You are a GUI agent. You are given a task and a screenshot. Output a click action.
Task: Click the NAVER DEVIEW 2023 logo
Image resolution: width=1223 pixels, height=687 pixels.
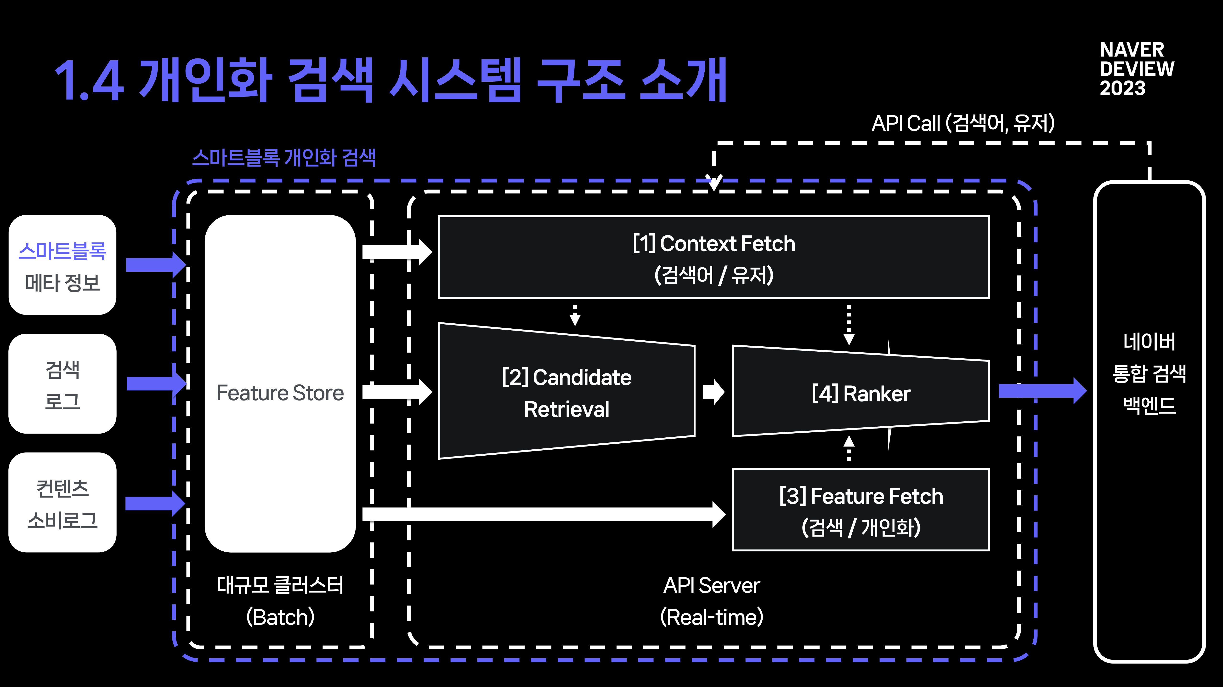pyautogui.click(x=1137, y=69)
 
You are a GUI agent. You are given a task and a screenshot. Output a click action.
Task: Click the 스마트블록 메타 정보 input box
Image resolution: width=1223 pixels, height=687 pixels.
pyautogui.click(x=62, y=265)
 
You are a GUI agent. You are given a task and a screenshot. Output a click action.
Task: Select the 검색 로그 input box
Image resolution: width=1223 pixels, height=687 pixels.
pyautogui.click(x=62, y=384)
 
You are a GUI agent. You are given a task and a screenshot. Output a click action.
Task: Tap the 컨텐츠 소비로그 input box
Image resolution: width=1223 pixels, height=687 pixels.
pyautogui.click(x=62, y=503)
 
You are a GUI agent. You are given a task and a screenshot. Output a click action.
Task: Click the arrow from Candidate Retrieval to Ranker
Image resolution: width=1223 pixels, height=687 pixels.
pyautogui.click(x=713, y=392)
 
